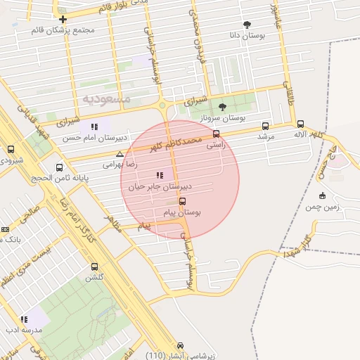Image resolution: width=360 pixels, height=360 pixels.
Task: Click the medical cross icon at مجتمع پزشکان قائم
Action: pos(63,19)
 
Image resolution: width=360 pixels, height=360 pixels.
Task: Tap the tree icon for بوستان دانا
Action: pos(247,25)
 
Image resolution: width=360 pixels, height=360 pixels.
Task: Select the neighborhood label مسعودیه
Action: pos(106,98)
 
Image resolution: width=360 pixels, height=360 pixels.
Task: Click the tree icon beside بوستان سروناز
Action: pos(223,107)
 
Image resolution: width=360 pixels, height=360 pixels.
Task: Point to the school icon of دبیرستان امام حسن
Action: pos(94,127)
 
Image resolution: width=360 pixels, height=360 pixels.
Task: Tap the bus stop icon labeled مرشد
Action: pos(265,126)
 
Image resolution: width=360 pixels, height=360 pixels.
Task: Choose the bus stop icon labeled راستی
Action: pos(216,133)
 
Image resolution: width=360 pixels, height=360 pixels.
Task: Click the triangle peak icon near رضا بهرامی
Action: pos(120,153)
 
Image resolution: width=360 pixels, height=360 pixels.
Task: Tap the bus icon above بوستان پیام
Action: pos(183,201)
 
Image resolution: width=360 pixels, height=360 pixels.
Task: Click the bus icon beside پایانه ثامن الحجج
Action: pos(59,167)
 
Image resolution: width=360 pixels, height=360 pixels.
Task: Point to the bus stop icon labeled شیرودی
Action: pos(11,149)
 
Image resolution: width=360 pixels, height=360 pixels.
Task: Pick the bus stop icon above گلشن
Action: pos(95,266)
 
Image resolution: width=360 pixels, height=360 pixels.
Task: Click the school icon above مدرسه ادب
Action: pos(25,319)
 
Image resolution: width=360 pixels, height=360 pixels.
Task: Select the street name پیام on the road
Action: pos(144,226)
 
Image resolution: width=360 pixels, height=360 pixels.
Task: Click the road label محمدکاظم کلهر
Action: pos(174,143)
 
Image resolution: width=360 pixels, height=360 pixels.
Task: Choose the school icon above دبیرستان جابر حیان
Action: pos(160,175)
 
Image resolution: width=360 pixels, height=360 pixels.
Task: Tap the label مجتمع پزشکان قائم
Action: pos(63,30)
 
